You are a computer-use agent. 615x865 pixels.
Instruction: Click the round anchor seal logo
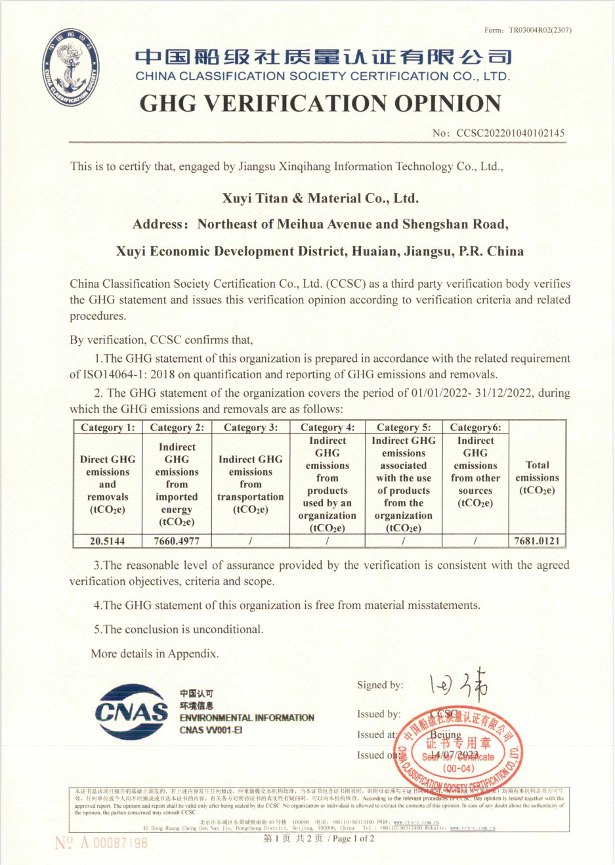[72, 68]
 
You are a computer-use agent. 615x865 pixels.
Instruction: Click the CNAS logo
[131, 712]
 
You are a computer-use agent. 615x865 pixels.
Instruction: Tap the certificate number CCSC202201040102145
[510, 133]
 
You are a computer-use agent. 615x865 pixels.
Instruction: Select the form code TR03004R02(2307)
[540, 30]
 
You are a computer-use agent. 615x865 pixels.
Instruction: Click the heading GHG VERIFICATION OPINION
[320, 104]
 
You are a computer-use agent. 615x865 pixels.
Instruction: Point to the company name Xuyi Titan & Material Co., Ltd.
[320, 198]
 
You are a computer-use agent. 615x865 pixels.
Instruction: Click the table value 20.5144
[107, 541]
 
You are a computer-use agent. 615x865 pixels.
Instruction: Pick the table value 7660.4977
[177, 541]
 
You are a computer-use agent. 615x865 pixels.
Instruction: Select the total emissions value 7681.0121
[537, 541]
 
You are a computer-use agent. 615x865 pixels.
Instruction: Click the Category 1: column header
[108, 428]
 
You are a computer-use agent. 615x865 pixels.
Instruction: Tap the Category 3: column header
[251, 428]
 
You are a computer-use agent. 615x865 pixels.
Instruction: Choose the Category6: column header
[475, 428]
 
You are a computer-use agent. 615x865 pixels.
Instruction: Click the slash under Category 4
[327, 541]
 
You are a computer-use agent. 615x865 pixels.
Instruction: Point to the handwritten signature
[459, 684]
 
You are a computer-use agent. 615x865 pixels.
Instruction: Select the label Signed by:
[380, 685]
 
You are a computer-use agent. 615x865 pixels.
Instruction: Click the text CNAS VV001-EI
[211, 730]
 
